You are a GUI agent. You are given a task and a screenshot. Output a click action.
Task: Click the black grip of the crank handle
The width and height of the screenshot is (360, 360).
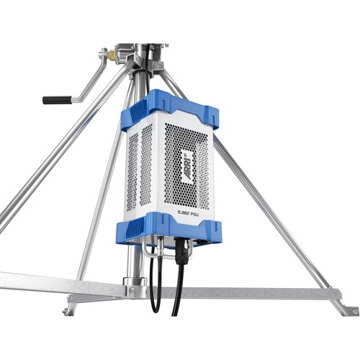point(57,99)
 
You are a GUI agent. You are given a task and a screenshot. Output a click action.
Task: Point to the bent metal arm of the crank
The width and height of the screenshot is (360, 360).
point(90,79)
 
